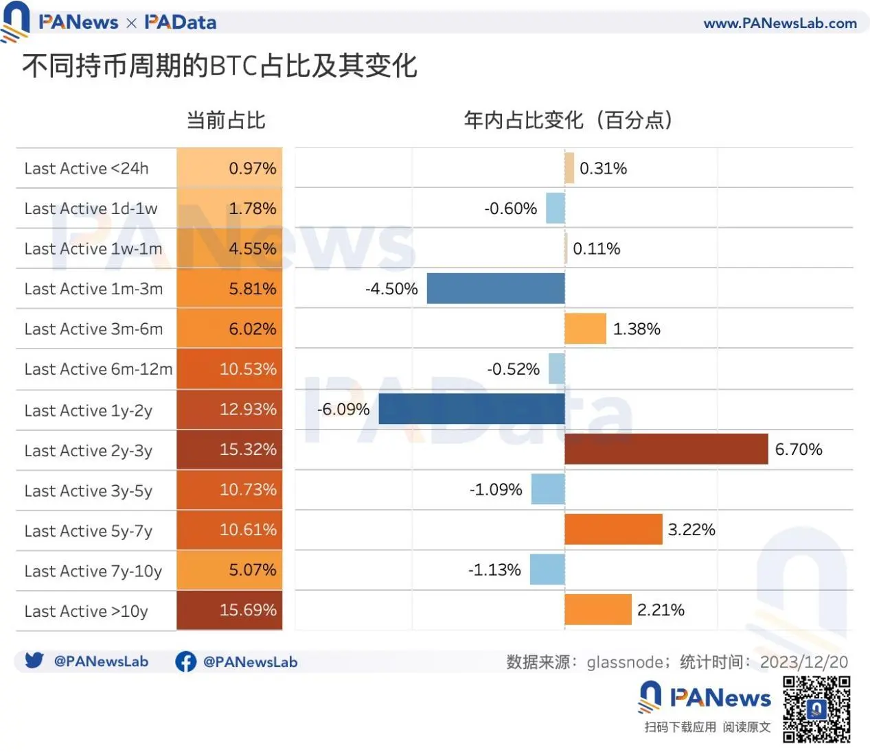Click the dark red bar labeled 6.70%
666,449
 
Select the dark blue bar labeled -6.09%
472,410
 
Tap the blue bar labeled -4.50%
496,288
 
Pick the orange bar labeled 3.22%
613,529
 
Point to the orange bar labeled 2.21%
597,609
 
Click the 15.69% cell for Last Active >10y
229,610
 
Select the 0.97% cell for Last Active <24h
229,168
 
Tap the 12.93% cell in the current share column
229,410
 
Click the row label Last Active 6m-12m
98,369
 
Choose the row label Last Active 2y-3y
89,451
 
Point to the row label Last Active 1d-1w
91,209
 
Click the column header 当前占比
226,121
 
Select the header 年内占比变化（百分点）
568,120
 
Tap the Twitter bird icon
34,660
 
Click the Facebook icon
185,661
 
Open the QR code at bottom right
816,709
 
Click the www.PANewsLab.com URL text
780,23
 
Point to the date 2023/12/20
803,662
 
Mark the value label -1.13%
494,569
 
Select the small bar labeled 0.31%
569,168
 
